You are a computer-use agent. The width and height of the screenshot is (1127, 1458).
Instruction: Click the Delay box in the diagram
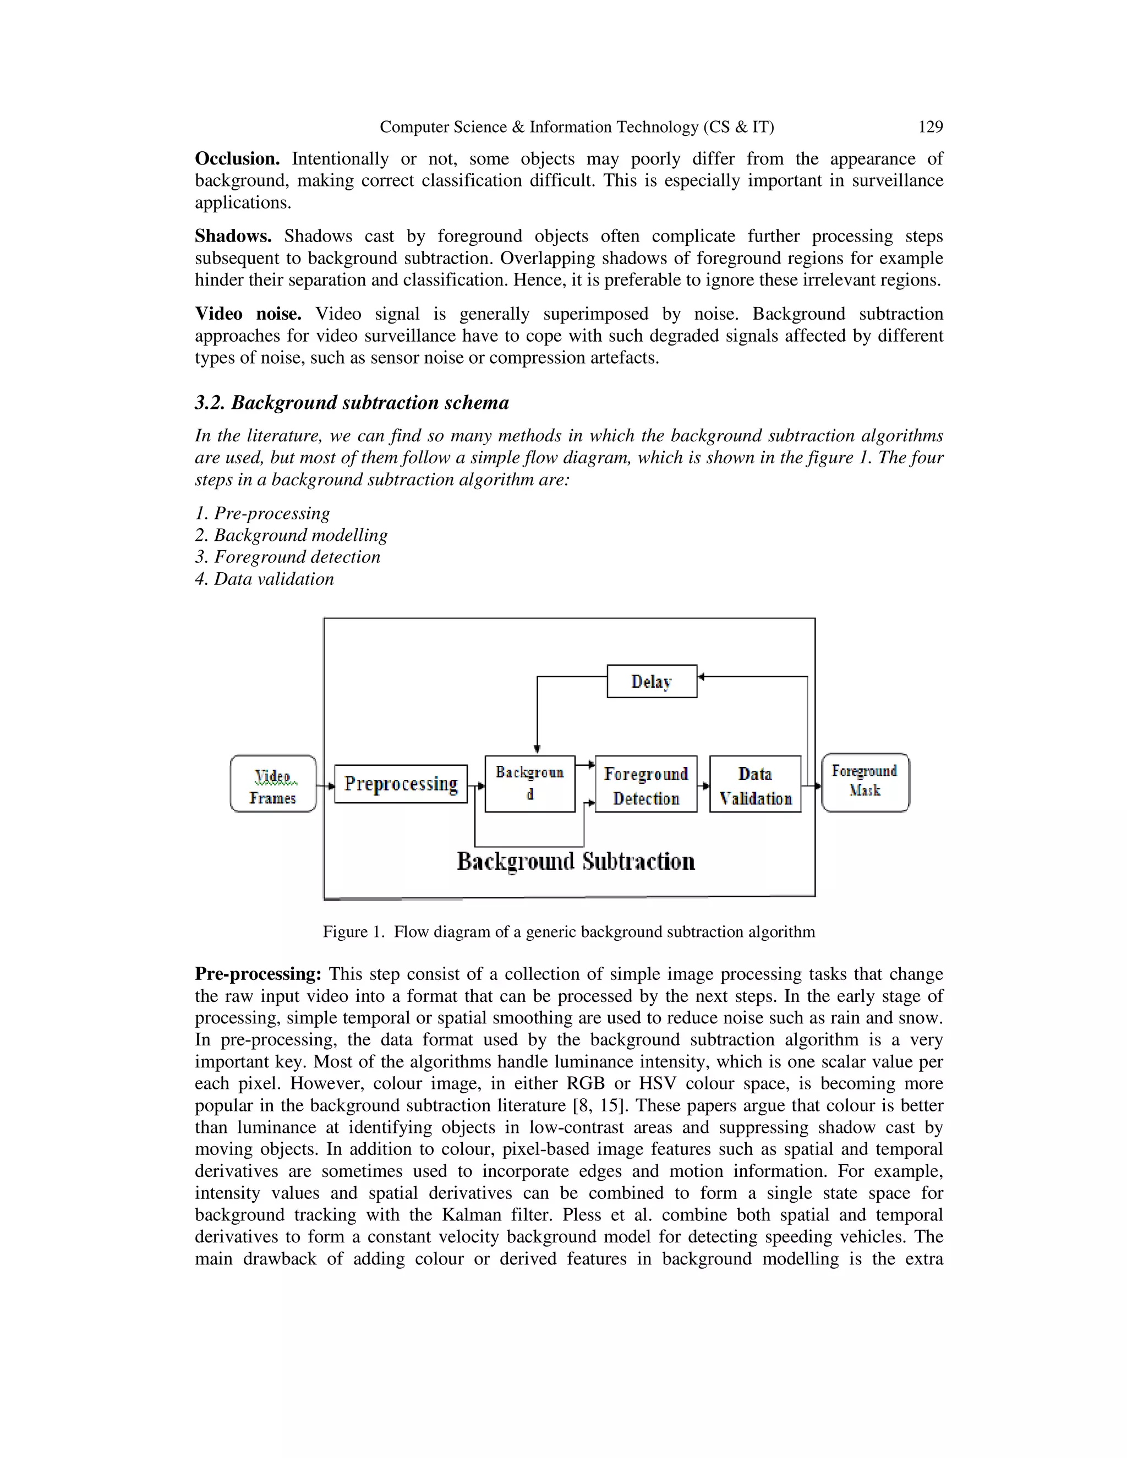coord(652,681)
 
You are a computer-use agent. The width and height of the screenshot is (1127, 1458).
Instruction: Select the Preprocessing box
coord(401,783)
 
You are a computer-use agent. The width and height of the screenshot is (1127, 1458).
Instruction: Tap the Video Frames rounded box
coord(273,783)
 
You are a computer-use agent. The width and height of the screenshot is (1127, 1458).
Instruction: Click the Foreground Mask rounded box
coord(865,782)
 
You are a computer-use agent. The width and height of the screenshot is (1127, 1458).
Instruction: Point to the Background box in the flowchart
coord(529,783)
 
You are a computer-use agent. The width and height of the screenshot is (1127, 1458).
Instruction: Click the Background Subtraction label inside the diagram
coord(576,861)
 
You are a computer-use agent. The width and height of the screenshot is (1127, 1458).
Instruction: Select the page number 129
coord(930,127)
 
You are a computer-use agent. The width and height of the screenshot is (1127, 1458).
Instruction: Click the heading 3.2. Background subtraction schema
coord(352,403)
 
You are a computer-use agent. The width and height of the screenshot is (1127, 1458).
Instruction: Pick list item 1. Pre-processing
coord(262,513)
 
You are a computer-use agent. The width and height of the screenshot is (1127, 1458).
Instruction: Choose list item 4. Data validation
coord(264,579)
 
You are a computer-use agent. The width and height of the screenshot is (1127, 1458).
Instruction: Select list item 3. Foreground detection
coord(288,557)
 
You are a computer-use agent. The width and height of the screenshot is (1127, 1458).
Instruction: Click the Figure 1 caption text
coord(569,931)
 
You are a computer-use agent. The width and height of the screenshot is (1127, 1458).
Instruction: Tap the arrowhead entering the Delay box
coord(701,677)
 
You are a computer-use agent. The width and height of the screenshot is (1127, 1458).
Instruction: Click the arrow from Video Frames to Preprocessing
coord(326,786)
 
